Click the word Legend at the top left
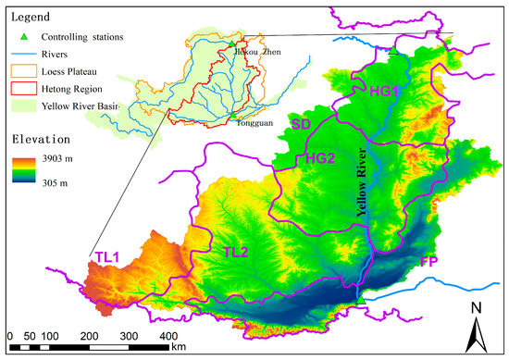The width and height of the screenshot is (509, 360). click(29, 17)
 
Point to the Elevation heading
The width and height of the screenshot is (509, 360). click(41, 142)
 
